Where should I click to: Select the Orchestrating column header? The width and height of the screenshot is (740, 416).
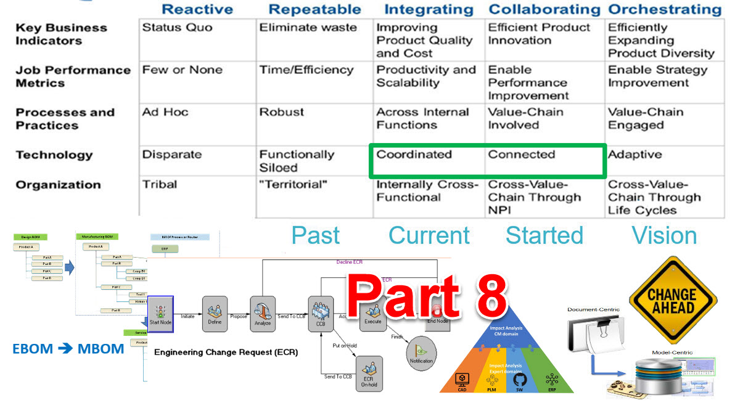(x=665, y=9)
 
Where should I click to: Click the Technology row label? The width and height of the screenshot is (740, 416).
(x=54, y=155)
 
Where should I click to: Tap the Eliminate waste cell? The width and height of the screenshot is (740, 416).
(x=308, y=28)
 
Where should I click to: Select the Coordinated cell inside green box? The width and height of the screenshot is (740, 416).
(x=414, y=155)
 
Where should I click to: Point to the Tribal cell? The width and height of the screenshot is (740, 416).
(x=159, y=185)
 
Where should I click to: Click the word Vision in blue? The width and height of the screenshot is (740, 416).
(x=664, y=235)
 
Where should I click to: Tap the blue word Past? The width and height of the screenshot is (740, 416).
(x=316, y=235)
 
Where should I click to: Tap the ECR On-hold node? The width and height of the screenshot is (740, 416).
(x=370, y=373)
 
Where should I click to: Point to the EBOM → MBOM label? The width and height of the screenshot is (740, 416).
(x=68, y=349)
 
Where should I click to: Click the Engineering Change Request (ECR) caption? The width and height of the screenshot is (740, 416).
(x=226, y=353)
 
